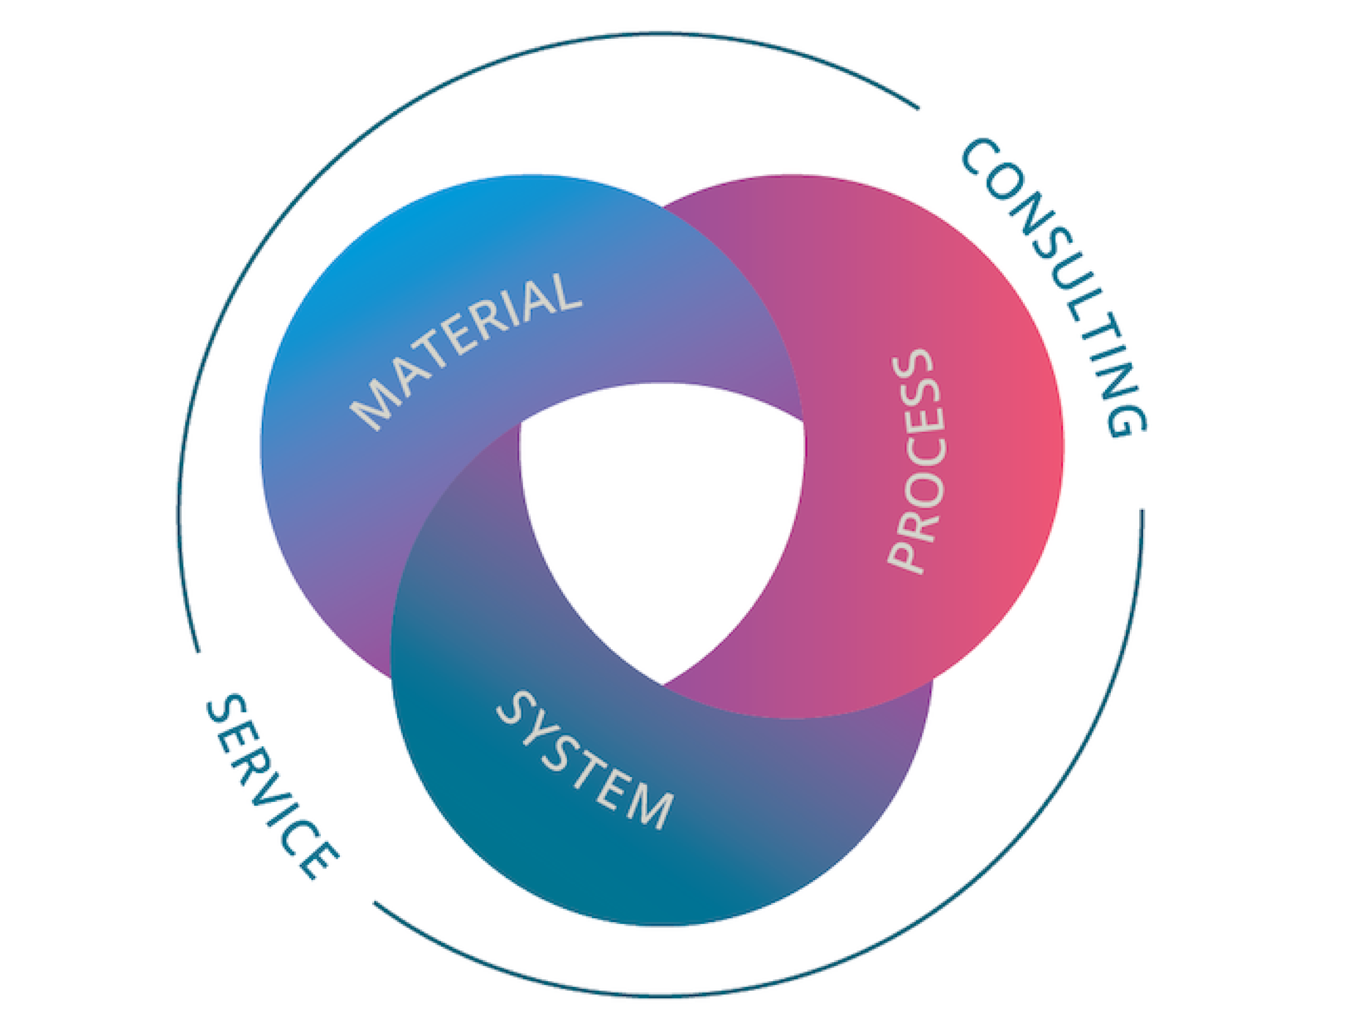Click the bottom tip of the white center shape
click(662, 683)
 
